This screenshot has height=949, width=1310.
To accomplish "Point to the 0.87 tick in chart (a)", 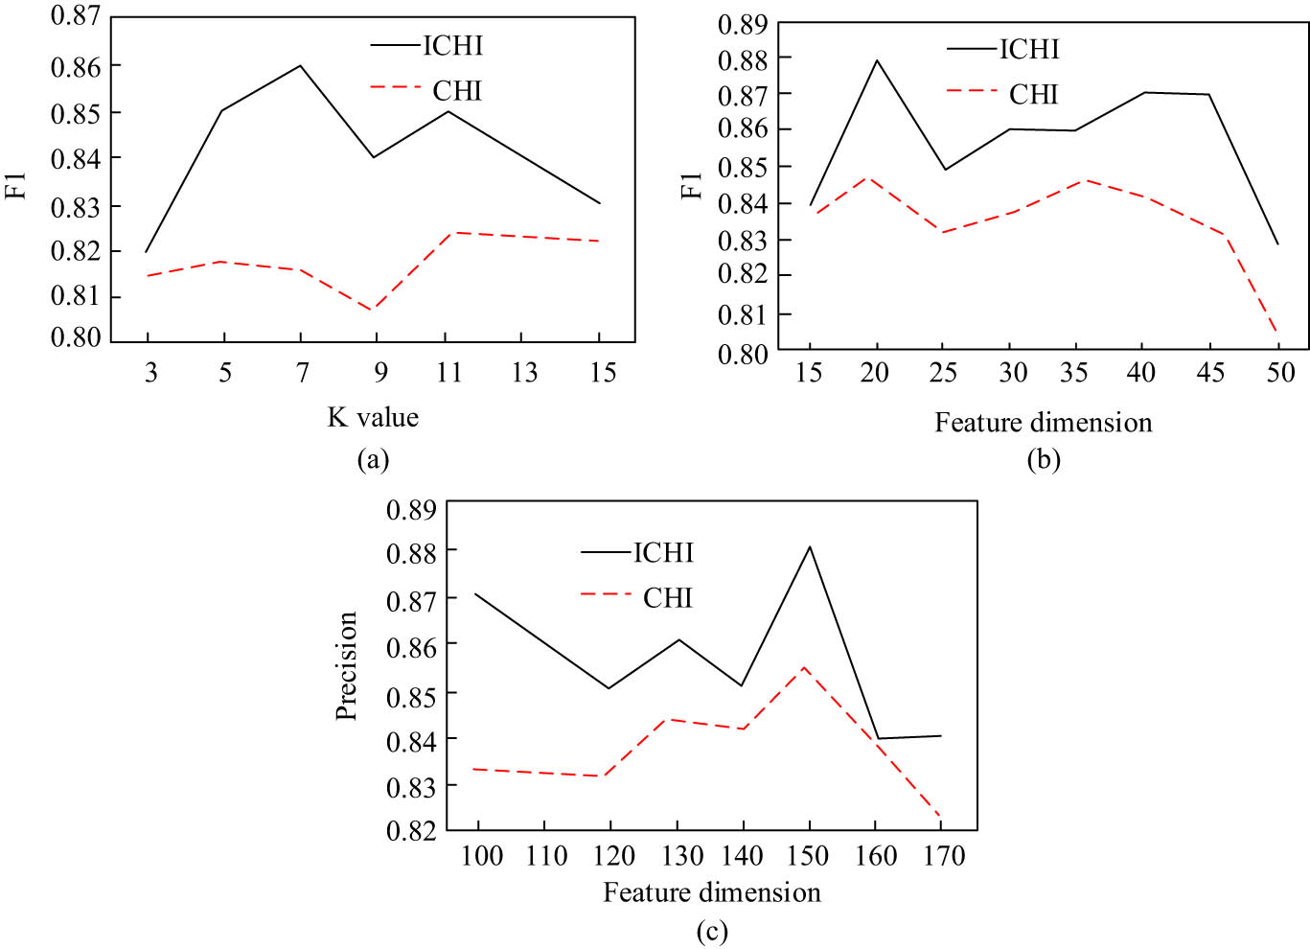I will tap(75, 16).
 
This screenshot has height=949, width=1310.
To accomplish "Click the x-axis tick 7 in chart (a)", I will tap(302, 372).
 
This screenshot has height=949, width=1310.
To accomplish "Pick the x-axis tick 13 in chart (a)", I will tap(523, 372).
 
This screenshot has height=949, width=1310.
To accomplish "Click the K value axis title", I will tap(373, 417).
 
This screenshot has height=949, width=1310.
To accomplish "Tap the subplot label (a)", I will tap(373, 460).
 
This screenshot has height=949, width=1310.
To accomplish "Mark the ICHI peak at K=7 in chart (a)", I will tap(300, 65).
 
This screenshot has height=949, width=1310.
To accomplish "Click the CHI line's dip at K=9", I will tap(373, 310).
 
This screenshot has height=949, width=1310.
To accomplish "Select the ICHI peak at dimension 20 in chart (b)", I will tap(876, 60).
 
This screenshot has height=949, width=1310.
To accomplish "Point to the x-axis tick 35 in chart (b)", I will tap(1074, 372).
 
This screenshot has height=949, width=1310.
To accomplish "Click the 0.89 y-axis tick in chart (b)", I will tap(743, 24).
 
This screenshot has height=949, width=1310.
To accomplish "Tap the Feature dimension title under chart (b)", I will tap(1044, 423).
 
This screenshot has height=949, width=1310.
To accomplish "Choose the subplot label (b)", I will tap(1044, 460).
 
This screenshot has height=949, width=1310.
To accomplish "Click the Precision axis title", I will tap(346, 665).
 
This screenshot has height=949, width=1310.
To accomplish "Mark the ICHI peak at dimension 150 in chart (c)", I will tap(810, 546).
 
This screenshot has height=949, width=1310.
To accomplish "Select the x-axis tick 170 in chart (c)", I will tap(944, 855).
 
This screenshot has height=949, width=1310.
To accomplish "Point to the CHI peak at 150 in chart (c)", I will tap(804, 667).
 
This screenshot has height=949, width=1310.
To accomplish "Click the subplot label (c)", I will tap(712, 931).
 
